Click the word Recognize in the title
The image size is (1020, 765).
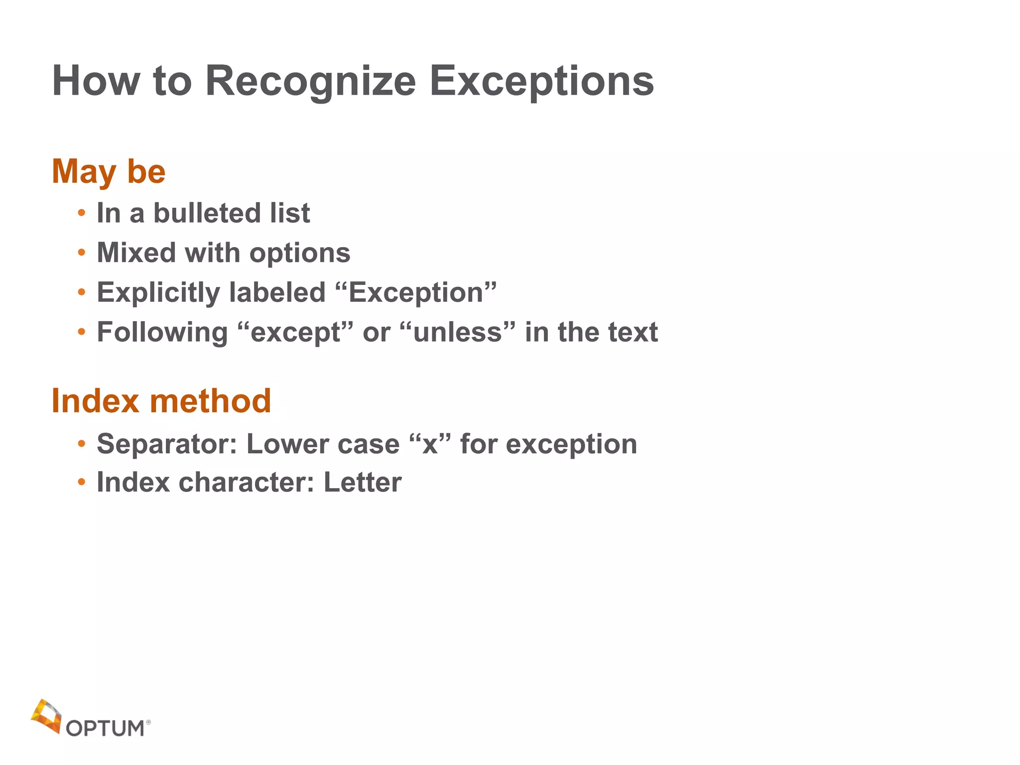(x=310, y=81)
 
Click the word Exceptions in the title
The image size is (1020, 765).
(x=541, y=81)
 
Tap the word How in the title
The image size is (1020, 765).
(x=96, y=81)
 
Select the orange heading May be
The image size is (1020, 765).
(x=109, y=171)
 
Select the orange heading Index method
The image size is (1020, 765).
(x=161, y=400)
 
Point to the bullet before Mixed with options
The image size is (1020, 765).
(x=82, y=253)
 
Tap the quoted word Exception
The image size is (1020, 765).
(x=416, y=292)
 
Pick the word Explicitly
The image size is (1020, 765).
(x=158, y=293)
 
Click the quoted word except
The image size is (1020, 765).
(x=295, y=332)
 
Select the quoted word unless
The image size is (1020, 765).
(x=457, y=332)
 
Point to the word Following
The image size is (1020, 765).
(x=162, y=333)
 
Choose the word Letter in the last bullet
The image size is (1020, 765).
(x=362, y=482)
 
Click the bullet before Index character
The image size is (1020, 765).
(x=82, y=482)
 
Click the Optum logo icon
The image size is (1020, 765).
(x=46, y=716)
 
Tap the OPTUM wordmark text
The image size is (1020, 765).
(x=105, y=729)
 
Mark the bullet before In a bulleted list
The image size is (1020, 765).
(x=82, y=213)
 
